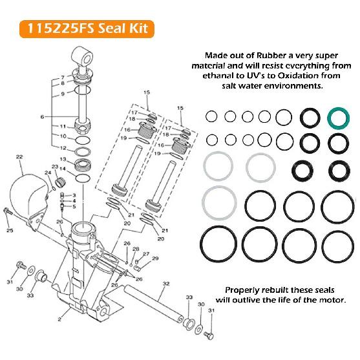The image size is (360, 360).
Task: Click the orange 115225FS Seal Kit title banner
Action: [87, 29]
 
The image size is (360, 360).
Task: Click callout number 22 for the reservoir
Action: [19, 156]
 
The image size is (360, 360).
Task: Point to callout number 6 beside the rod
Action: [42, 117]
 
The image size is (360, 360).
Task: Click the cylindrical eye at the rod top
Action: [83, 57]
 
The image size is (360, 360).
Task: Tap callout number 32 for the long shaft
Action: [166, 284]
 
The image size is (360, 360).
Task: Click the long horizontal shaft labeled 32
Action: [153, 304]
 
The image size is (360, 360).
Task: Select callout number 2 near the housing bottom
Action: [59, 319]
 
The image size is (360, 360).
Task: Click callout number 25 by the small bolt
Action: [10, 230]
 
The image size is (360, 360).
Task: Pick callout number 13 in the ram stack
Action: [63, 159]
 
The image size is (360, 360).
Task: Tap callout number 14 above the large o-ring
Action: [63, 169]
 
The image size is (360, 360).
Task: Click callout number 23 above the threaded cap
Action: [55, 167]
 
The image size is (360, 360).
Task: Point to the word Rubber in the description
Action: [274, 56]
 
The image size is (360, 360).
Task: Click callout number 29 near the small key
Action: [155, 258]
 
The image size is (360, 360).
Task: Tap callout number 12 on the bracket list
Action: [63, 148]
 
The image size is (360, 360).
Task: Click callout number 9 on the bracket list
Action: [63, 94]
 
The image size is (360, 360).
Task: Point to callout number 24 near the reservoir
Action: [48, 173]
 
